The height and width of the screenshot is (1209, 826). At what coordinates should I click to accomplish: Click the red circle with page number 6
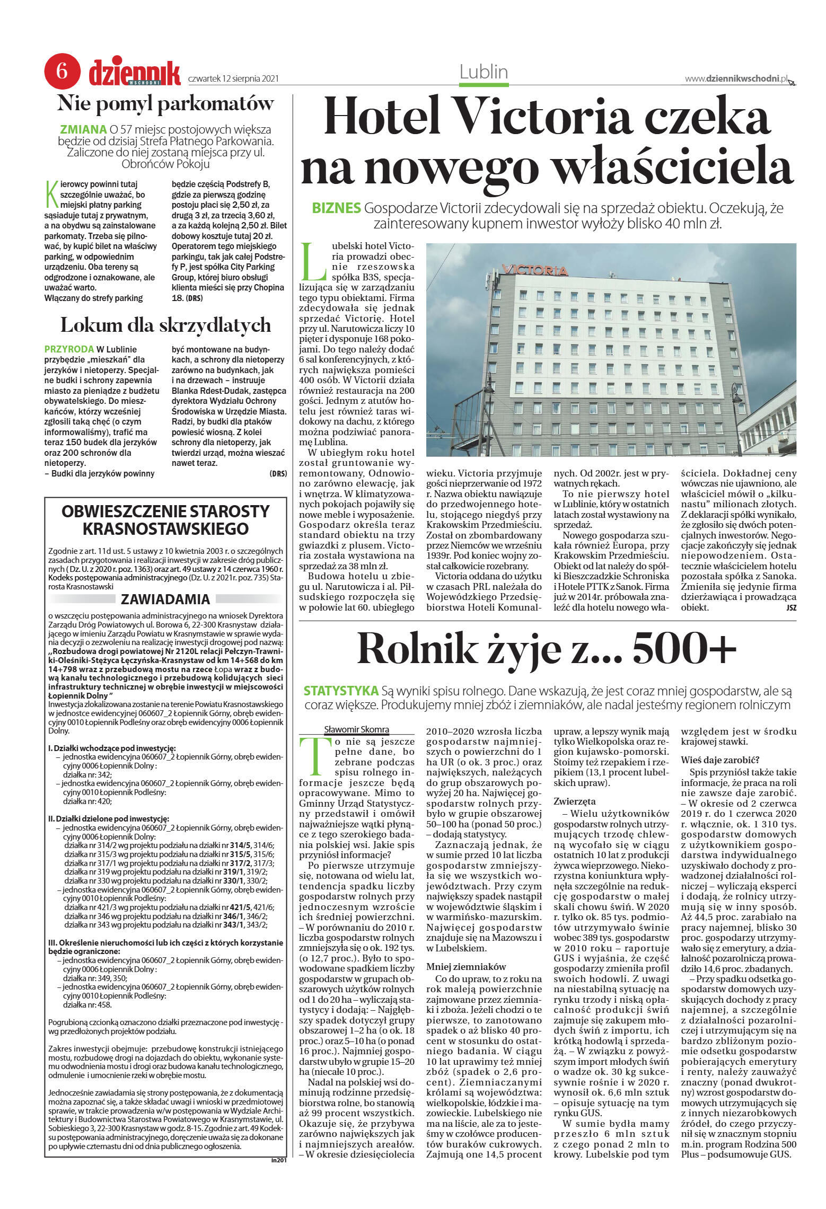pyautogui.click(x=62, y=71)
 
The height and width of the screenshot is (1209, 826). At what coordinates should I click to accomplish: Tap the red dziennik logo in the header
pyautogui.click(x=135, y=73)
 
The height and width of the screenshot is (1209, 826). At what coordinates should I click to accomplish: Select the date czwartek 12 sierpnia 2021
pyautogui.click(x=233, y=79)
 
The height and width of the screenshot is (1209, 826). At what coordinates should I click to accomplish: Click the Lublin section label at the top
pyautogui.click(x=484, y=72)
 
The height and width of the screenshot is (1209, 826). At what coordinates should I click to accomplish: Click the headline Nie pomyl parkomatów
pyautogui.click(x=165, y=103)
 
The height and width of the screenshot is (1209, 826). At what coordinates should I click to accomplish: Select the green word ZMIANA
pyautogui.click(x=83, y=129)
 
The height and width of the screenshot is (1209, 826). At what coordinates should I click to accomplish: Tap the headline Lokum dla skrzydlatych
pyautogui.click(x=165, y=324)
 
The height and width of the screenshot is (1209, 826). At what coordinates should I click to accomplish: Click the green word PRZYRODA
pyautogui.click(x=69, y=349)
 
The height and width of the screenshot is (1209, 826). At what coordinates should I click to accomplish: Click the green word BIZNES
pyautogui.click(x=337, y=208)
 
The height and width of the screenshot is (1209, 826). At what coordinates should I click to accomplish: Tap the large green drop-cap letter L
pyautogui.click(x=312, y=262)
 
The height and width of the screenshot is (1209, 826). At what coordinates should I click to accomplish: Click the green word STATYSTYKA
pyautogui.click(x=340, y=691)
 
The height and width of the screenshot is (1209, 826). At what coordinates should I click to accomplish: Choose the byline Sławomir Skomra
pyautogui.click(x=356, y=729)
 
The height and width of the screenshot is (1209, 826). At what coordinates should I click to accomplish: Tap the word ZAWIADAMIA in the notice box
pyautogui.click(x=165, y=599)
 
